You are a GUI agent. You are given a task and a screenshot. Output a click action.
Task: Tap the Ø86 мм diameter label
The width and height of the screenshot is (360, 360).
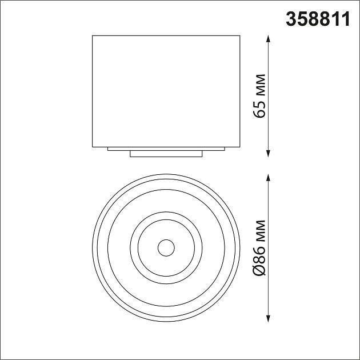[x=259, y=249]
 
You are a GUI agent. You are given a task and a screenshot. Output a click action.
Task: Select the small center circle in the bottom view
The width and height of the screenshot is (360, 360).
[x=166, y=248]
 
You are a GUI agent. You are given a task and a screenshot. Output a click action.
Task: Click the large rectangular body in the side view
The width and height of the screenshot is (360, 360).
[x=166, y=91]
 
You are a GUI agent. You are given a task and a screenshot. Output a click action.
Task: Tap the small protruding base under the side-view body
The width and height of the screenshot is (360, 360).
[x=166, y=154]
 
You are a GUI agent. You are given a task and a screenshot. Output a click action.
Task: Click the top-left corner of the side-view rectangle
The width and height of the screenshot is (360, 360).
[x=92, y=37]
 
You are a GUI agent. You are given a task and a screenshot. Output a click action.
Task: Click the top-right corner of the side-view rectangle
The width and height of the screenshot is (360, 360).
[x=240, y=37]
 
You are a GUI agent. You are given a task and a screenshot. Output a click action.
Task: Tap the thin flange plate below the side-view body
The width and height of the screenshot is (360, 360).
[x=166, y=149]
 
